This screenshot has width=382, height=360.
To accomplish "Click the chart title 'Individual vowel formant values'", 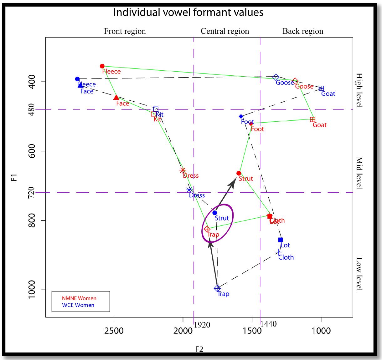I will click(188, 12).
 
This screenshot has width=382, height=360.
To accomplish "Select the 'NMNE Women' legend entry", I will click(79, 298).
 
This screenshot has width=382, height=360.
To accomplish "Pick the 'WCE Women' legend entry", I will click(78, 305).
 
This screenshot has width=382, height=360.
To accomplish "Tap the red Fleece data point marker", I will click(102, 66).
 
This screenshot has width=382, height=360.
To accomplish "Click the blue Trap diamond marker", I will click(217, 288).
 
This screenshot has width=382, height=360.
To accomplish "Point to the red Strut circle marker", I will click(239, 173).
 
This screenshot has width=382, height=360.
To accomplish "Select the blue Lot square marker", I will click(281, 240).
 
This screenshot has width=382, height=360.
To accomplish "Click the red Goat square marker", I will click(312, 119).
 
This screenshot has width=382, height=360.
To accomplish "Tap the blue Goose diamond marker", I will click(276, 77).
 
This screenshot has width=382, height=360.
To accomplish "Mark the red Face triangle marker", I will click(116, 98).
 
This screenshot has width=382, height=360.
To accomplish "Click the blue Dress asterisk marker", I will click(189, 190).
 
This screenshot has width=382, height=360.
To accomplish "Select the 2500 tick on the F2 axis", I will click(114, 331).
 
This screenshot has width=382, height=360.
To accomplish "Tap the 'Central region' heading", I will click(225, 31).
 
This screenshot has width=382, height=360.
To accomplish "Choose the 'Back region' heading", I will click(303, 31).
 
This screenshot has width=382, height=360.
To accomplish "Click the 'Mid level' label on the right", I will click(359, 173).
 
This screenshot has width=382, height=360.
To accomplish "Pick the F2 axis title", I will click(199, 349).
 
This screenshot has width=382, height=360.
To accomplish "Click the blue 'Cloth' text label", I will click(286, 257).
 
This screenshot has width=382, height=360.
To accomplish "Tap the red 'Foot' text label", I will click(257, 129).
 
